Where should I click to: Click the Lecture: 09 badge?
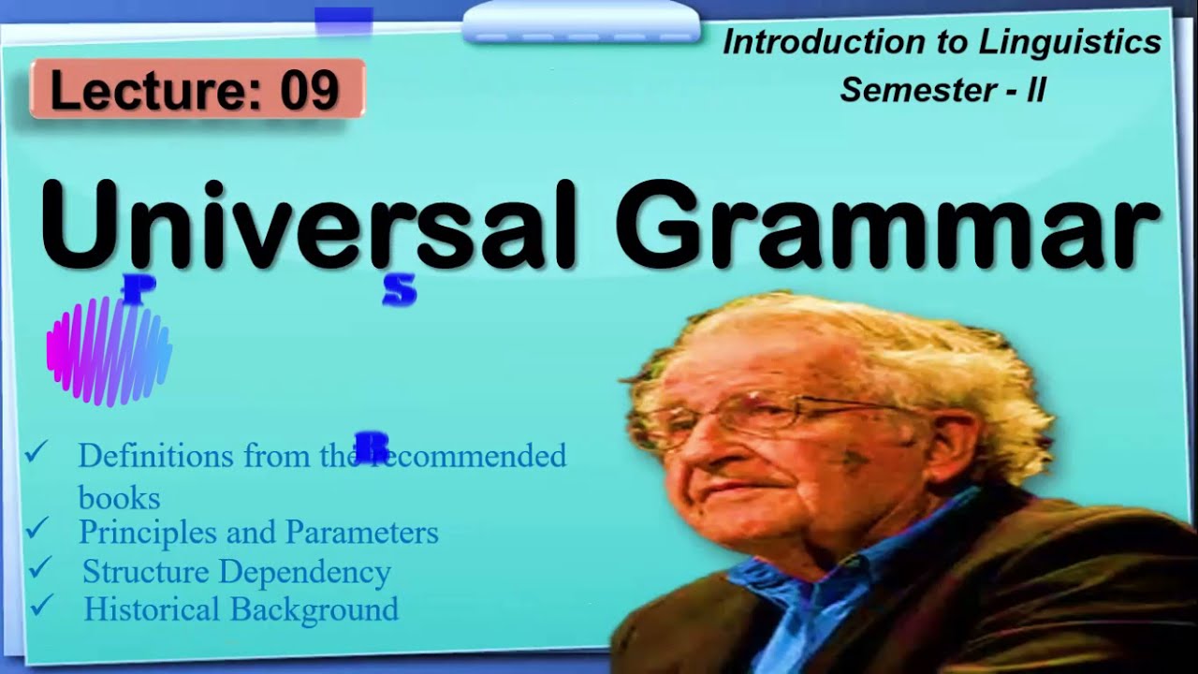coord(197,90)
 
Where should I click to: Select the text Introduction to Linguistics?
coord(942,42)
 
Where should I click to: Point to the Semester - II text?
coord(942,90)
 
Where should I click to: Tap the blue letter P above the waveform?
coord(134,290)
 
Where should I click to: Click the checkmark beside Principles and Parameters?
coord(38,529)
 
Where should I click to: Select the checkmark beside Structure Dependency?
coord(41,567)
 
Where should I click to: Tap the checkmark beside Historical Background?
coord(43,606)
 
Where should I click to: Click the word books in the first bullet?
coord(119,497)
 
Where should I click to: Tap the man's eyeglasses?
coord(749,418)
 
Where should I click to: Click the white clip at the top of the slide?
coord(580,22)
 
